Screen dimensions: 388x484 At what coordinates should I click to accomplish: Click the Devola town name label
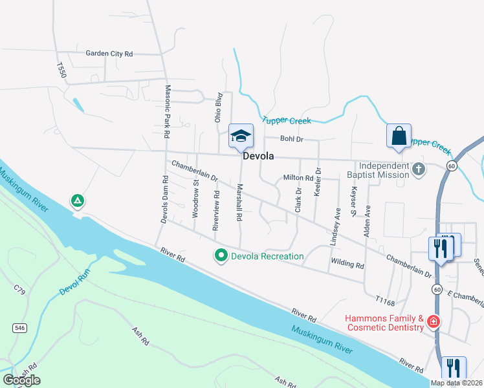click(x=258, y=156)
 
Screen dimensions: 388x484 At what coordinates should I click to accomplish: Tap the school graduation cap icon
click(x=241, y=136)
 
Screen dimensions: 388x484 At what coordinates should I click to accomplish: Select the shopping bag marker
click(x=399, y=136)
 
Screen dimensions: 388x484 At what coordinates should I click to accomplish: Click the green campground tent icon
click(x=77, y=201)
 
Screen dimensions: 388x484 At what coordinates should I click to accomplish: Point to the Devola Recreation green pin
click(x=221, y=256)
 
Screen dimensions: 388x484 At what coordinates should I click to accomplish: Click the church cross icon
click(x=419, y=170)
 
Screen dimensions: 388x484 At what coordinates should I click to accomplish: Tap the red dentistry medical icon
click(x=433, y=321)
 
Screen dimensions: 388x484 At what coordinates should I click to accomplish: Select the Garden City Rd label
click(x=109, y=54)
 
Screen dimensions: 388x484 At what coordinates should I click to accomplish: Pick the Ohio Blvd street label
click(x=219, y=107)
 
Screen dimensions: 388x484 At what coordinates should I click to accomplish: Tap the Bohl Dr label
click(x=291, y=139)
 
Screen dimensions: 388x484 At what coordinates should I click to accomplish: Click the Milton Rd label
click(x=298, y=178)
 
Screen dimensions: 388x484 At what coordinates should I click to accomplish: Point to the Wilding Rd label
click(x=347, y=264)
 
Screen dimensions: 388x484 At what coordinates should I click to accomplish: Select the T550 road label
click(x=61, y=70)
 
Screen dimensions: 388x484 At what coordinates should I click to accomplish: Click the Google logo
click(x=21, y=380)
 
